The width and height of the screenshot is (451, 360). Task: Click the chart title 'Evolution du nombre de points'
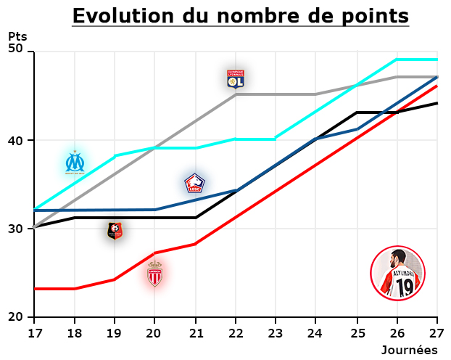tap(240, 16)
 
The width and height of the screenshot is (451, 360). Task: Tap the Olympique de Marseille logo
tap(75, 163)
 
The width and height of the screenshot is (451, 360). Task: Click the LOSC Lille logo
tap(194, 184)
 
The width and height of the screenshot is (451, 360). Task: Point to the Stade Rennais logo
tap(115, 231)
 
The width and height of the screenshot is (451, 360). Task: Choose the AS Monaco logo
tap(154, 274)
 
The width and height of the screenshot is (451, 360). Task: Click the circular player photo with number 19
tap(397, 274)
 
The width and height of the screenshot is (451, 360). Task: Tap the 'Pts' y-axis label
tap(17, 36)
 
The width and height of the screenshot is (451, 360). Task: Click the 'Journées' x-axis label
tap(410, 350)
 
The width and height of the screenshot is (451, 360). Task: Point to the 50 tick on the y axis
tap(16, 49)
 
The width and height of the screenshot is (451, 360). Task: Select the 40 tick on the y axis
tap(16, 140)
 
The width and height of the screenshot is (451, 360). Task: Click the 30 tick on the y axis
tap(16, 229)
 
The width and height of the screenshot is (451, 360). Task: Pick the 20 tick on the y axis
tap(16, 317)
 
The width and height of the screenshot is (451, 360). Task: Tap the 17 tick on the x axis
tap(34, 332)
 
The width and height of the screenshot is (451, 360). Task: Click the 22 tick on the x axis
tap(236, 332)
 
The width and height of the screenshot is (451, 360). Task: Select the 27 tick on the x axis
tap(437, 332)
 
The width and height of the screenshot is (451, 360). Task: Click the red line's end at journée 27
tap(436, 86)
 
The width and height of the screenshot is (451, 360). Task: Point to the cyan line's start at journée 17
tap(35, 210)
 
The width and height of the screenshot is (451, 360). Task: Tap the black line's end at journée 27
tap(436, 103)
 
